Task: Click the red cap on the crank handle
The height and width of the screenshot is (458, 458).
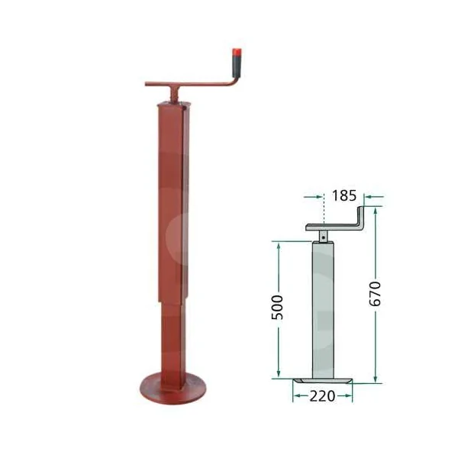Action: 237,52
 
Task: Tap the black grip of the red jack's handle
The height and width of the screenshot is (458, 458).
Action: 237,66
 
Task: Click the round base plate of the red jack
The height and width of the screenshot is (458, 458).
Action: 173,389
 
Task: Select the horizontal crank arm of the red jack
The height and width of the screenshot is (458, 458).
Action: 190,84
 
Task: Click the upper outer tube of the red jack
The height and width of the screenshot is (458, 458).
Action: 173,202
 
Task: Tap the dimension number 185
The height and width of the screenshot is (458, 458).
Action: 344,195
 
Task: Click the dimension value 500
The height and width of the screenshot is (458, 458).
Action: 277,308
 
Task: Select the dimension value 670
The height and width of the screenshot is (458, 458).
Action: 375,294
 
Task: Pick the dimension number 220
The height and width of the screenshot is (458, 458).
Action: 322,396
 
